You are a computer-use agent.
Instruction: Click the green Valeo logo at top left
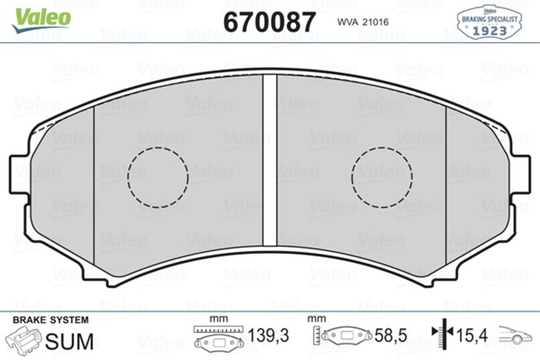pyautogui.click(x=41, y=20)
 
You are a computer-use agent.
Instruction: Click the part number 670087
pyautogui.click(x=269, y=22)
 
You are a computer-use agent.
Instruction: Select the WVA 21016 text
pyautogui.click(x=363, y=22)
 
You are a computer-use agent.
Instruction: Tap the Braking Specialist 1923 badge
pyautogui.click(x=489, y=22)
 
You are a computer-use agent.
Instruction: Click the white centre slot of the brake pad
pyautogui.click(x=270, y=160)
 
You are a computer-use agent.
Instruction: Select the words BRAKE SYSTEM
pyautogui.click(x=51, y=320)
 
